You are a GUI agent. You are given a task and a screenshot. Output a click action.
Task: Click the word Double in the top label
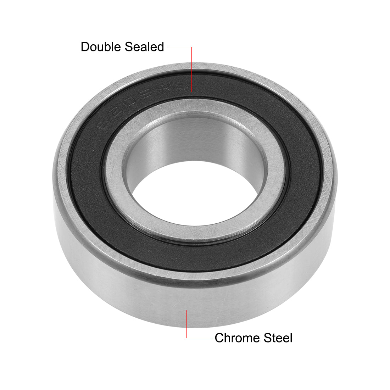[x=100, y=46]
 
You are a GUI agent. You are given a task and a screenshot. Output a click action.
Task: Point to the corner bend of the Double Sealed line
[x=192, y=46]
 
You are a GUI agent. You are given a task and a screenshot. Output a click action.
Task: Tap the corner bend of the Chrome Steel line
[x=187, y=338]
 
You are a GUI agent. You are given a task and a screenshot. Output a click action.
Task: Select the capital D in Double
[x=85, y=46]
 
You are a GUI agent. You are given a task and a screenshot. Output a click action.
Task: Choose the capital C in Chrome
[x=219, y=338]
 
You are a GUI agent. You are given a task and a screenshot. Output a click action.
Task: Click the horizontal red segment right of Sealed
[x=180, y=46]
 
